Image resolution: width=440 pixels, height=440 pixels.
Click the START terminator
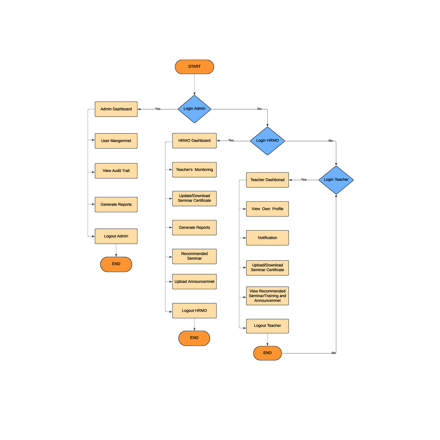tap(194, 67)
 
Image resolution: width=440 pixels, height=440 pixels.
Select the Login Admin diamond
tap(194, 109)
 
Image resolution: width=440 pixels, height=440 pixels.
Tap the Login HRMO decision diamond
tap(267, 141)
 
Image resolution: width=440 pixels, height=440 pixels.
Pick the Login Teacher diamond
tap(336, 180)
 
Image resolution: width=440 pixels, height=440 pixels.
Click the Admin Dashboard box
tap(116, 109)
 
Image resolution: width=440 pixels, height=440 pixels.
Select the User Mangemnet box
tap(116, 141)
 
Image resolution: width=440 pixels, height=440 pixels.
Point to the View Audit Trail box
tap(116, 171)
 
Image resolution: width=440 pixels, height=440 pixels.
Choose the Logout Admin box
tap(116, 236)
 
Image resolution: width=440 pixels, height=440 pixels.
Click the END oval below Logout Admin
tap(116, 264)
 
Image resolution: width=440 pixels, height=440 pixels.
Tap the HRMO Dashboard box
tap(194, 141)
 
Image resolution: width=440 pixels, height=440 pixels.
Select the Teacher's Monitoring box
tap(194, 170)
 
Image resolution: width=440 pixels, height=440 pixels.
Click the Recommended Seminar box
tap(194, 256)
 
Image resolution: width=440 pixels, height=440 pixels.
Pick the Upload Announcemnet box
tap(194, 282)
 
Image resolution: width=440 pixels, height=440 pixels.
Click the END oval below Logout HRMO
tap(194, 338)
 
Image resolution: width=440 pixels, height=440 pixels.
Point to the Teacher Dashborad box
tap(267, 180)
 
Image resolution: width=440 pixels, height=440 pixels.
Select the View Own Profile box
tap(267, 209)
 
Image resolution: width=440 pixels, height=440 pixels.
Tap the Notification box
tap(267, 238)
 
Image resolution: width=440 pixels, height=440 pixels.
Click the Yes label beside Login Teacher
tap(304, 180)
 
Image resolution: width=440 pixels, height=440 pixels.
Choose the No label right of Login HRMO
tap(330, 141)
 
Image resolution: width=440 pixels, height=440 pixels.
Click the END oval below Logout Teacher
tap(267, 353)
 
